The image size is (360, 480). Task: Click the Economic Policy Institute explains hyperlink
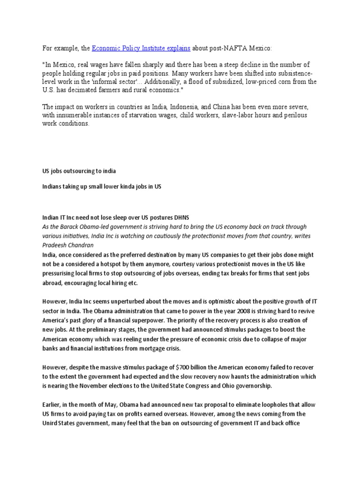[141, 48]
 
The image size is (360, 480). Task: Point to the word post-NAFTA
[231, 48]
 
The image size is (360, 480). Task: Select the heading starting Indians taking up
[102, 187]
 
